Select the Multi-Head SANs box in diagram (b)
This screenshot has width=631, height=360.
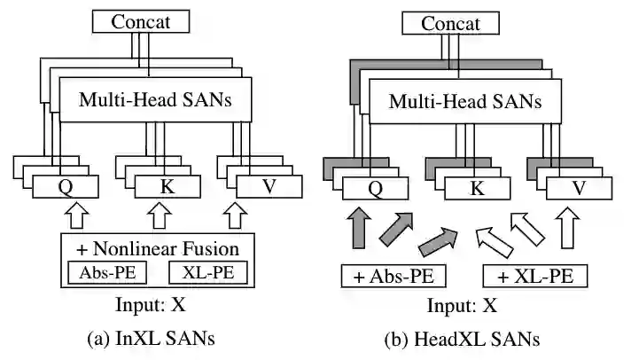coord(467,102)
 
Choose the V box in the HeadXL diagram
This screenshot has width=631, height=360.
coord(577,188)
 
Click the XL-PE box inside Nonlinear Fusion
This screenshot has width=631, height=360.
coord(208,272)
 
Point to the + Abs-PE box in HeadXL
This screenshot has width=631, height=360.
coord(393,277)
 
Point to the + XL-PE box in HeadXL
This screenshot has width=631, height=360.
coord(535,277)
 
